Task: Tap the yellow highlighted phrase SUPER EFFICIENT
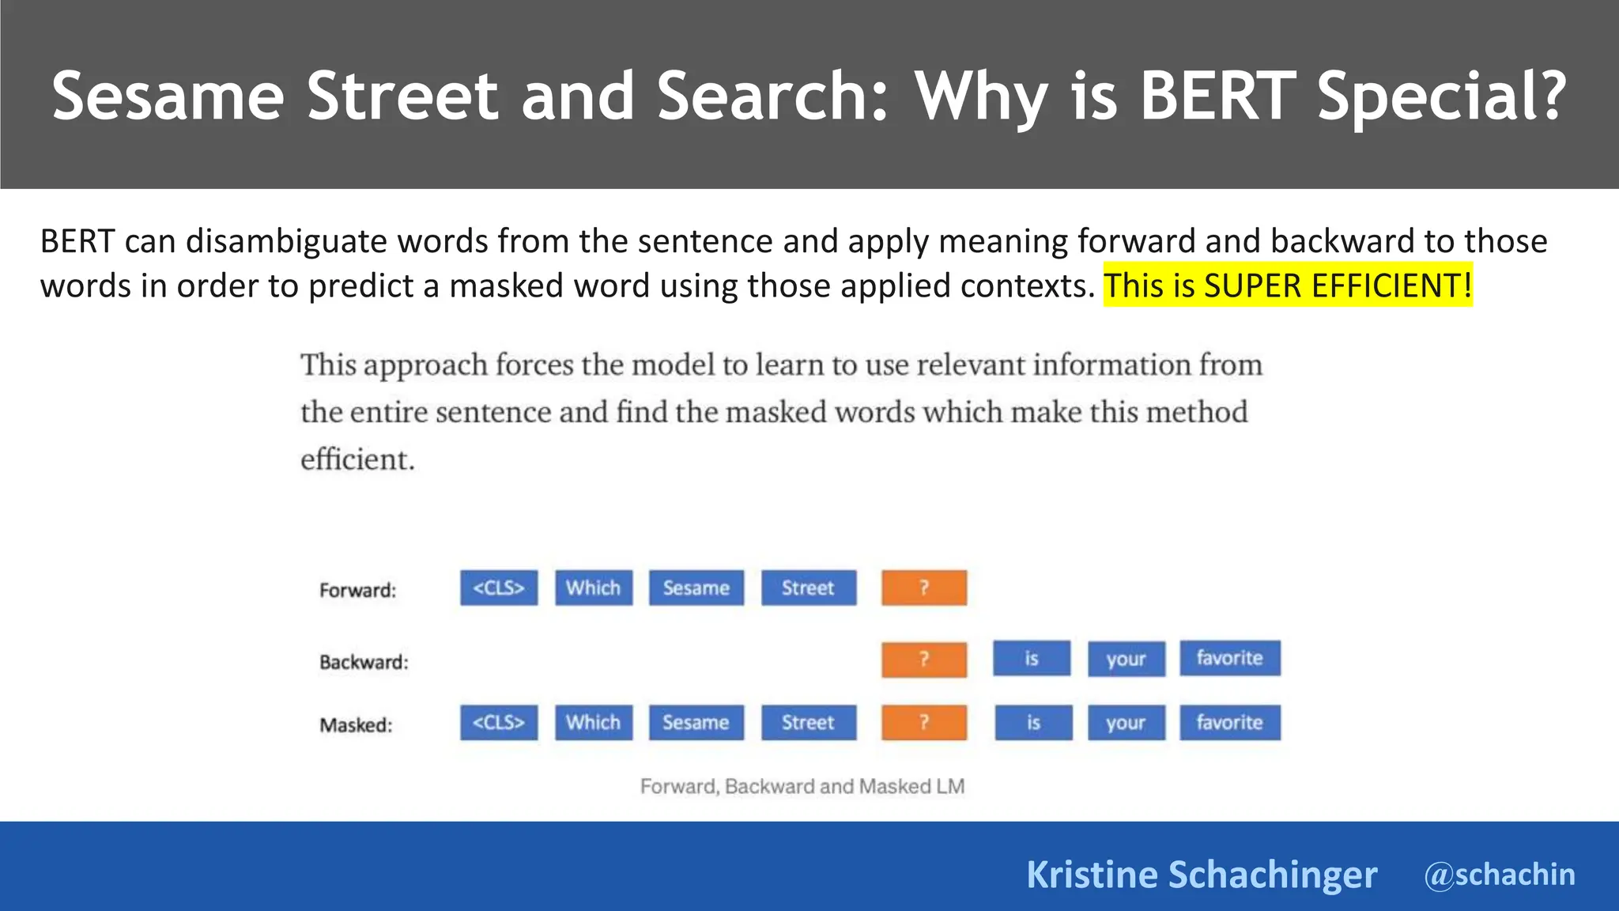pyautogui.click(x=1337, y=285)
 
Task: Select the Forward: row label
pyautogui.click(x=357, y=590)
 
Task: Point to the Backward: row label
pyautogui.click(x=364, y=662)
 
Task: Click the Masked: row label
pyautogui.click(x=356, y=725)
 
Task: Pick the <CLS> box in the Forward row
pyautogui.click(x=499, y=588)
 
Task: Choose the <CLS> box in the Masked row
pyautogui.click(x=499, y=723)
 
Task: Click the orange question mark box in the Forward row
pyautogui.click(x=924, y=588)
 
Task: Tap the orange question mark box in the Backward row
pyautogui.click(x=924, y=660)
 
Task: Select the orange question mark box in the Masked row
pyautogui.click(x=924, y=723)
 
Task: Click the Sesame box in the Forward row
pyautogui.click(x=696, y=588)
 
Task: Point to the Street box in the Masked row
pyautogui.click(x=809, y=723)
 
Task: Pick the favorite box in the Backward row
pyautogui.click(x=1230, y=658)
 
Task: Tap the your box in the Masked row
pyautogui.click(x=1126, y=723)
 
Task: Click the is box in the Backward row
pyautogui.click(x=1032, y=659)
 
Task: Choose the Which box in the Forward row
pyautogui.click(x=594, y=588)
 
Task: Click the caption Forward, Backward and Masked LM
pyautogui.click(x=802, y=786)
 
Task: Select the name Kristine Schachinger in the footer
pyautogui.click(x=1202, y=875)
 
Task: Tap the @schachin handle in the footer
pyautogui.click(x=1500, y=875)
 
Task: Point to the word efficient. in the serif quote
pyautogui.click(x=357, y=459)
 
